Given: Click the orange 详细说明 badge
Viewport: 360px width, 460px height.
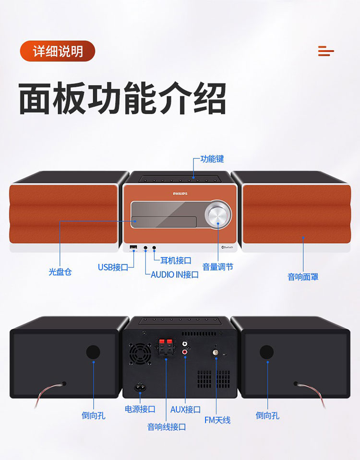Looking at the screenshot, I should coord(58,51).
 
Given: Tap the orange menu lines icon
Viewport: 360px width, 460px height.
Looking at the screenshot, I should coord(326,51).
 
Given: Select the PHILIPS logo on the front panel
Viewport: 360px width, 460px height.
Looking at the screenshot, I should coord(180,194).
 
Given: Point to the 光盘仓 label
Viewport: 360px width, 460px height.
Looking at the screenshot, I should coord(60,272).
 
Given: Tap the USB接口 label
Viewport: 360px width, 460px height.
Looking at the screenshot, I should coord(113,267).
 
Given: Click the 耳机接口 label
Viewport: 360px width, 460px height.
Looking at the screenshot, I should coord(176,260).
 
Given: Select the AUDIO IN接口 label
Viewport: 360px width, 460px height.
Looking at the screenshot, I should coord(175,275).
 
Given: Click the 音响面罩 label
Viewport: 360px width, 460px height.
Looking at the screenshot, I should coord(303,277).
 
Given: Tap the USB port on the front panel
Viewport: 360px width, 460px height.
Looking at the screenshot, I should coord(133,248).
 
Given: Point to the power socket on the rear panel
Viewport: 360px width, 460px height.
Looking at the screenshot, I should coord(140,387).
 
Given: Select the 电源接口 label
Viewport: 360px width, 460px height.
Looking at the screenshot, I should coord(140,409).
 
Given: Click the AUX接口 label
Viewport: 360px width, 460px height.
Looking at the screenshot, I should coord(185,410).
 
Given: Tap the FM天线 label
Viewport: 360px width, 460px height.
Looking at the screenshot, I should coord(217,420).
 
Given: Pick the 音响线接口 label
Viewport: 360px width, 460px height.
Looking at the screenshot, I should coord(167,426).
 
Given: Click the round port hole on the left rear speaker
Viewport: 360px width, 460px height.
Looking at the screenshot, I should coord(93,352).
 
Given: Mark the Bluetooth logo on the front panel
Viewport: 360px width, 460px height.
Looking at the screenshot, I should coord(227,247).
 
